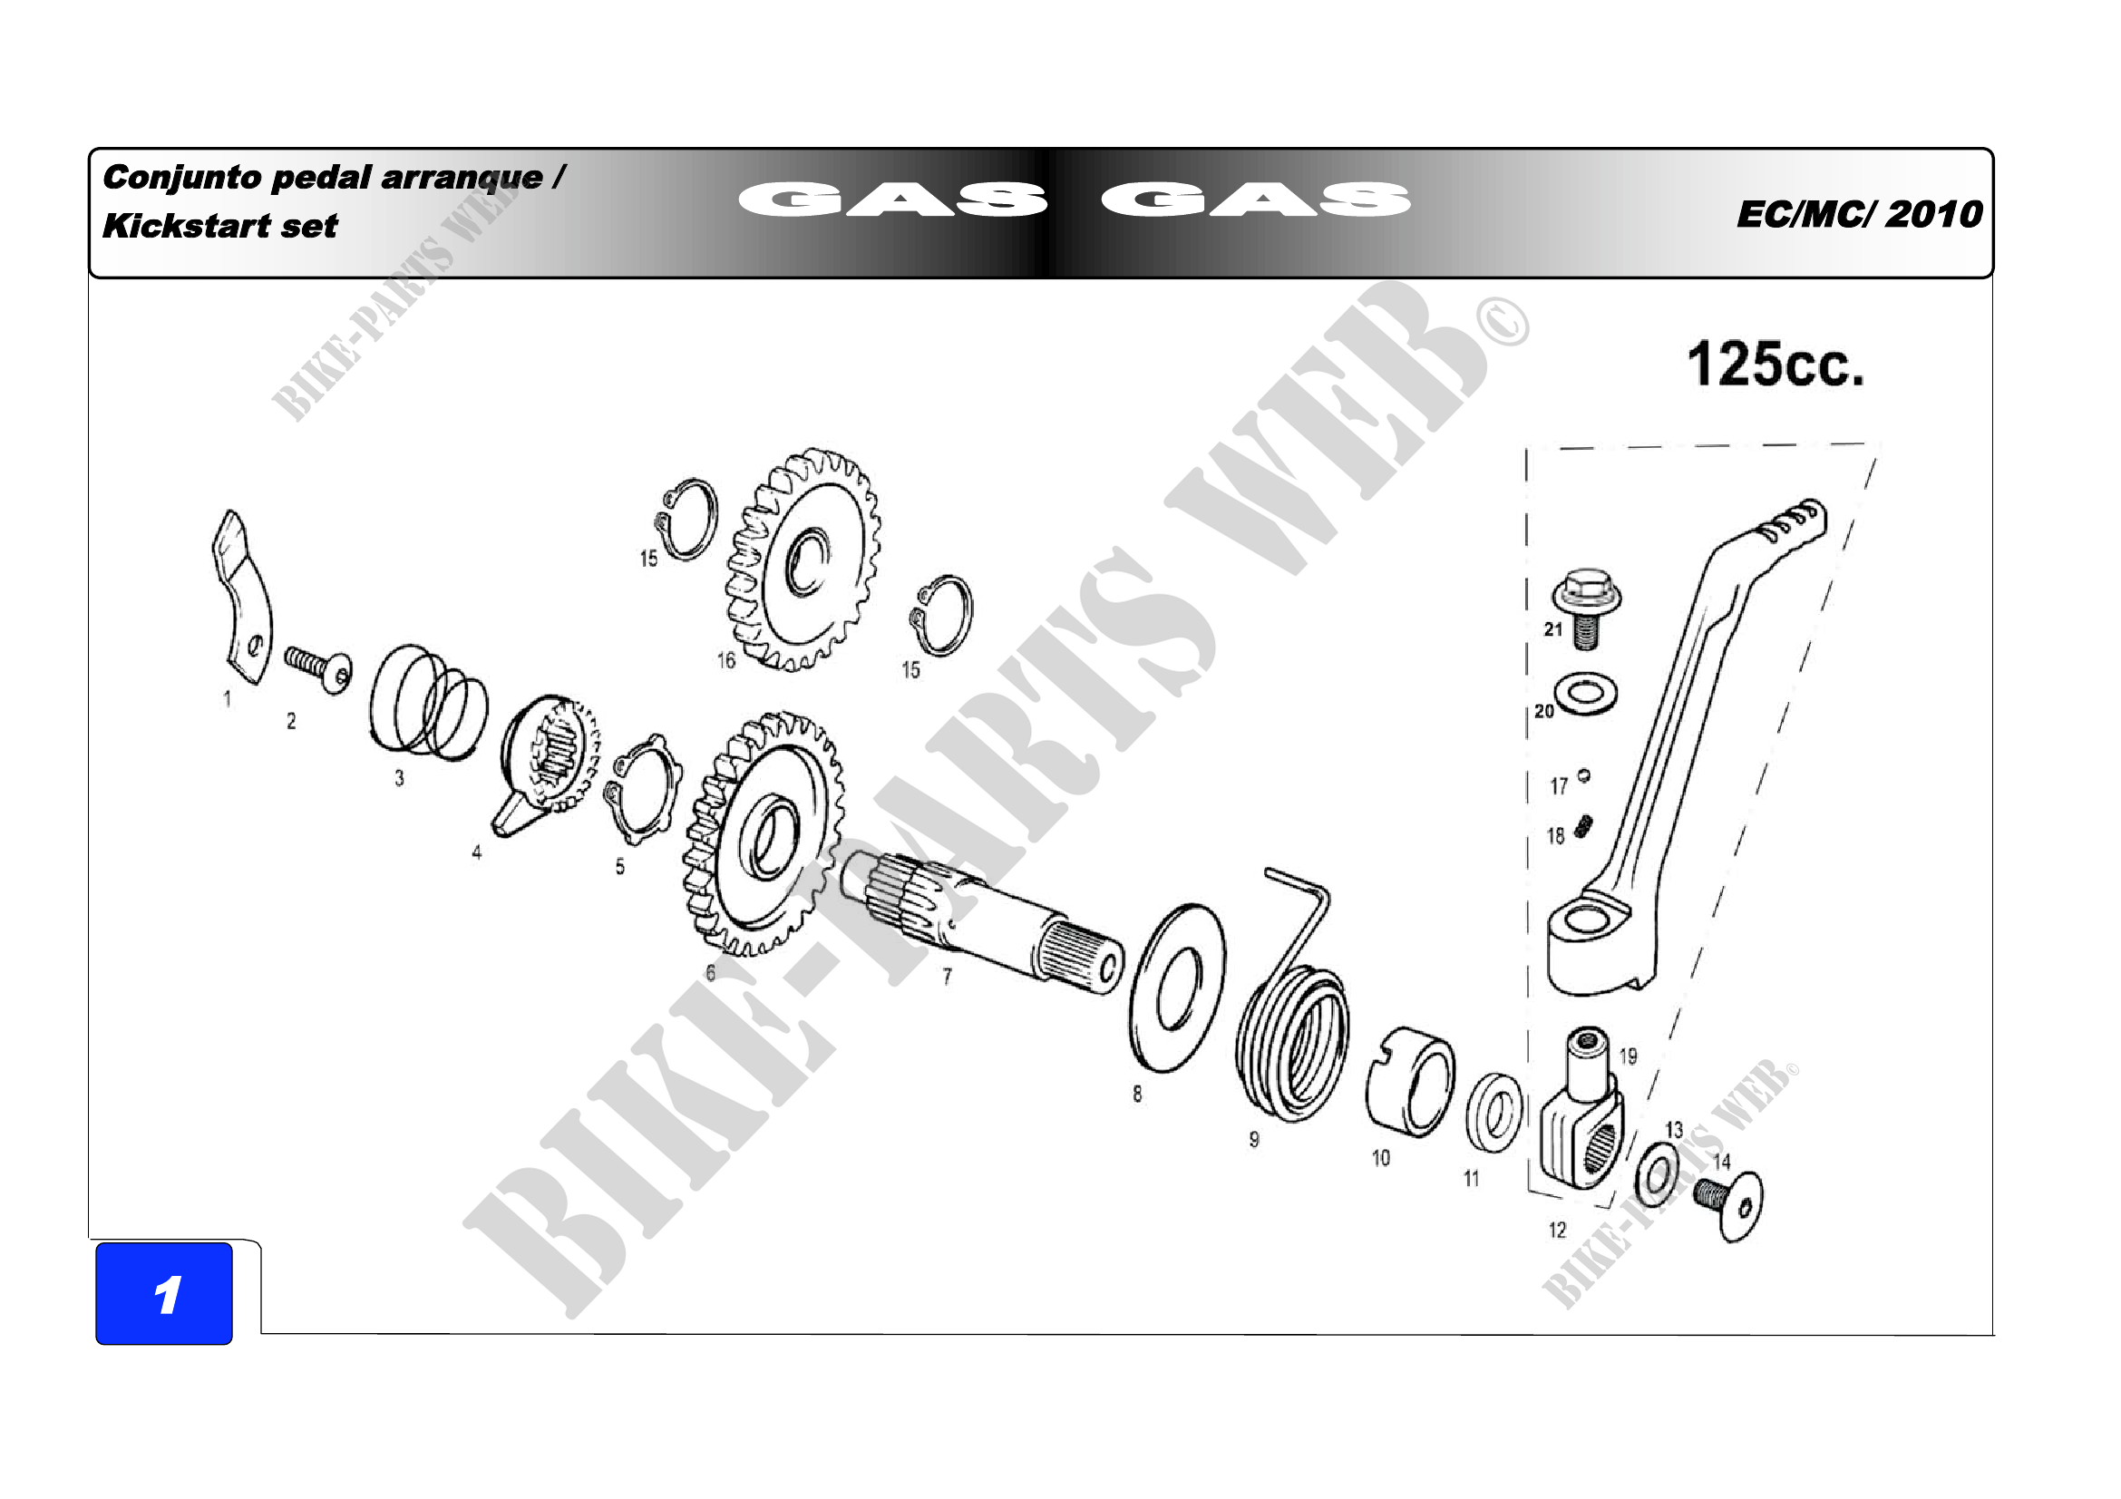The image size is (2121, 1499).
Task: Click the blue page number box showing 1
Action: (x=164, y=1293)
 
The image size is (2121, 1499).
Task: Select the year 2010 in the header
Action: (x=1934, y=214)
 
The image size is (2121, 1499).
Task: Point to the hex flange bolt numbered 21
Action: (x=1585, y=608)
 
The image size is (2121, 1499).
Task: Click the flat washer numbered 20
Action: (x=1585, y=694)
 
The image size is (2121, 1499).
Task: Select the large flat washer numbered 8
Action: (x=1178, y=988)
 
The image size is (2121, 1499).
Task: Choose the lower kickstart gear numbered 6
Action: (x=763, y=833)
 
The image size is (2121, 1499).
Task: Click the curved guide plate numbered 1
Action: (x=240, y=598)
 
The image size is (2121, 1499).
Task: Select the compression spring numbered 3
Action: (x=429, y=702)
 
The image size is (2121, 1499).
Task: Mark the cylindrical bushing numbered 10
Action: (x=1410, y=1082)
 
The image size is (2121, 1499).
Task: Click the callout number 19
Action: (x=1628, y=1056)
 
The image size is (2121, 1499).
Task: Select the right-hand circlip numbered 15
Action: (x=940, y=615)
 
